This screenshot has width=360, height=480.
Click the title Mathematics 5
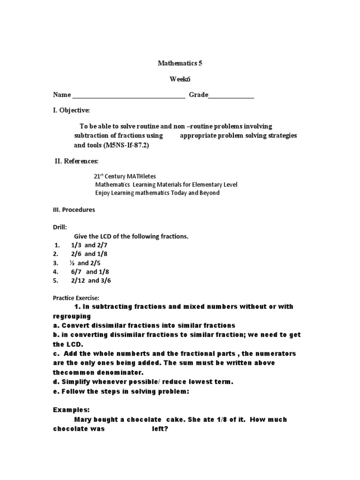click(x=180, y=63)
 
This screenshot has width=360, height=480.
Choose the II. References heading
click(x=76, y=161)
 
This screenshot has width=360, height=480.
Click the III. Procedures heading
click(x=74, y=210)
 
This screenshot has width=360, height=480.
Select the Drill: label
click(x=60, y=228)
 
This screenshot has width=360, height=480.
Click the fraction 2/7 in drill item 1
click(x=102, y=245)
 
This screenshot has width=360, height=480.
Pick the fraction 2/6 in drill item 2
click(x=76, y=254)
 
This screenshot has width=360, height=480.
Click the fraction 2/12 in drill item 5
click(x=78, y=281)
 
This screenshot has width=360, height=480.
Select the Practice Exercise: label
click(x=76, y=298)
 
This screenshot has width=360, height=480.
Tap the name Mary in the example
click(x=84, y=420)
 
